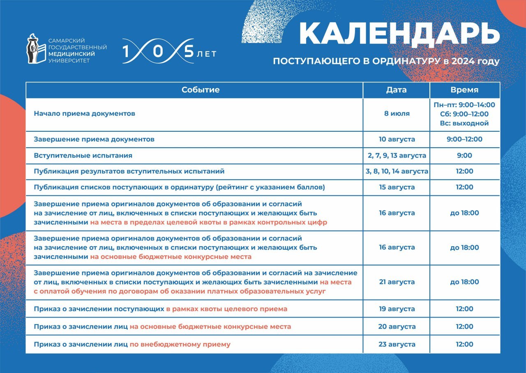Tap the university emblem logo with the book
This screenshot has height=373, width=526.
point(36,48)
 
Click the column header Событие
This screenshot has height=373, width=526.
point(201,90)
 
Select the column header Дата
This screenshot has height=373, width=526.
point(397,90)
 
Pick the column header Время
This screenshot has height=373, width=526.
point(464,90)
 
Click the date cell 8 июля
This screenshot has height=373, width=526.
point(397,114)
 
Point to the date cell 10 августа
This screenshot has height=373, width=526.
point(397,139)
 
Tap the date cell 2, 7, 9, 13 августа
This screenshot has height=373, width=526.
point(397,156)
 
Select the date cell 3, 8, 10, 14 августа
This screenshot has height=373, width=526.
point(397,172)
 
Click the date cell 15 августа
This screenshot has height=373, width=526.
point(397,187)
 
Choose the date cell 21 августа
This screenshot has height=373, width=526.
point(397,282)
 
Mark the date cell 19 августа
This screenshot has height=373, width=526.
point(397,309)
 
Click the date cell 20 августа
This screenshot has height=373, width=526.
point(397,327)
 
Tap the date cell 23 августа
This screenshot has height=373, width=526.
point(397,344)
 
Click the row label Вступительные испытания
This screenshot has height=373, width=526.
point(83,156)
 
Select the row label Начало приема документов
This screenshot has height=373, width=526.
point(85,114)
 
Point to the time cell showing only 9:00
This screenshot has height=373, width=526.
point(464,156)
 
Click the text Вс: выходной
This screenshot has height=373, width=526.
point(464,124)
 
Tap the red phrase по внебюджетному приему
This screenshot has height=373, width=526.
point(180,344)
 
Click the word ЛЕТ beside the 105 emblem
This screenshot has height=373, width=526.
point(207,55)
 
